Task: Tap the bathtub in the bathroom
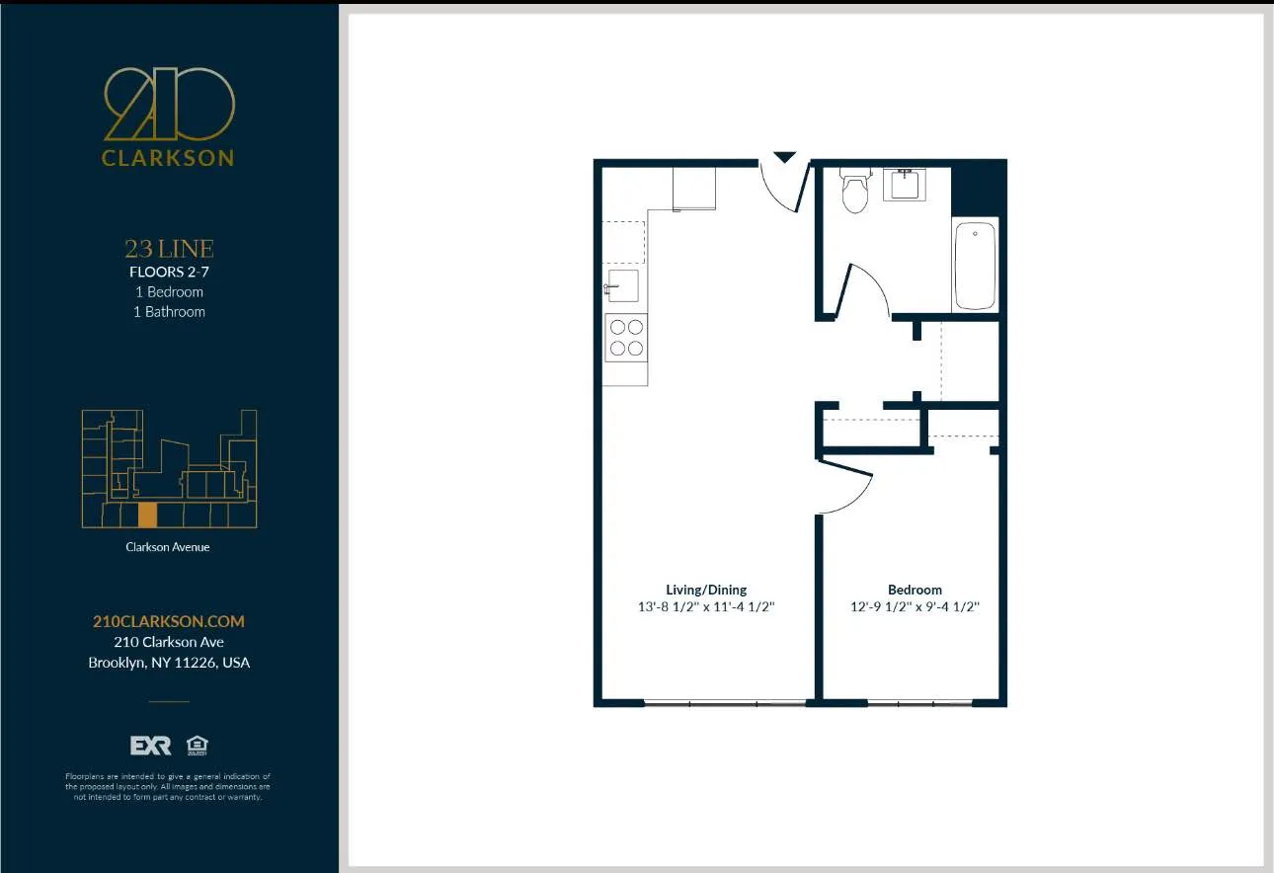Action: [975, 266]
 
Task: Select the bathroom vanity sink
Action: [904, 185]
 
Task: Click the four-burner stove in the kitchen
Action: [626, 338]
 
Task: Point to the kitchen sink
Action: [623, 285]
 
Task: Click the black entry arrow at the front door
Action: [784, 157]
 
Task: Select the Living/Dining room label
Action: [706, 590]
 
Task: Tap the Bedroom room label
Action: [915, 590]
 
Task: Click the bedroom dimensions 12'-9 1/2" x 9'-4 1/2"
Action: [915, 607]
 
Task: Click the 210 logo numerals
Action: [169, 104]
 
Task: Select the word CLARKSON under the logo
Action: [169, 158]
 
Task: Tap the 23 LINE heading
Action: [169, 249]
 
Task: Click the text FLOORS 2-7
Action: [169, 272]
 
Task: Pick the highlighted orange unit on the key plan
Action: [147, 516]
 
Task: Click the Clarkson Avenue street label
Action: [168, 546]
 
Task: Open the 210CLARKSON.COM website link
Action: [169, 621]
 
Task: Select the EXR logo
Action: [151, 746]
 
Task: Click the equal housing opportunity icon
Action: [197, 746]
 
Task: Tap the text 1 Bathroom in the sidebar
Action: [169, 311]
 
